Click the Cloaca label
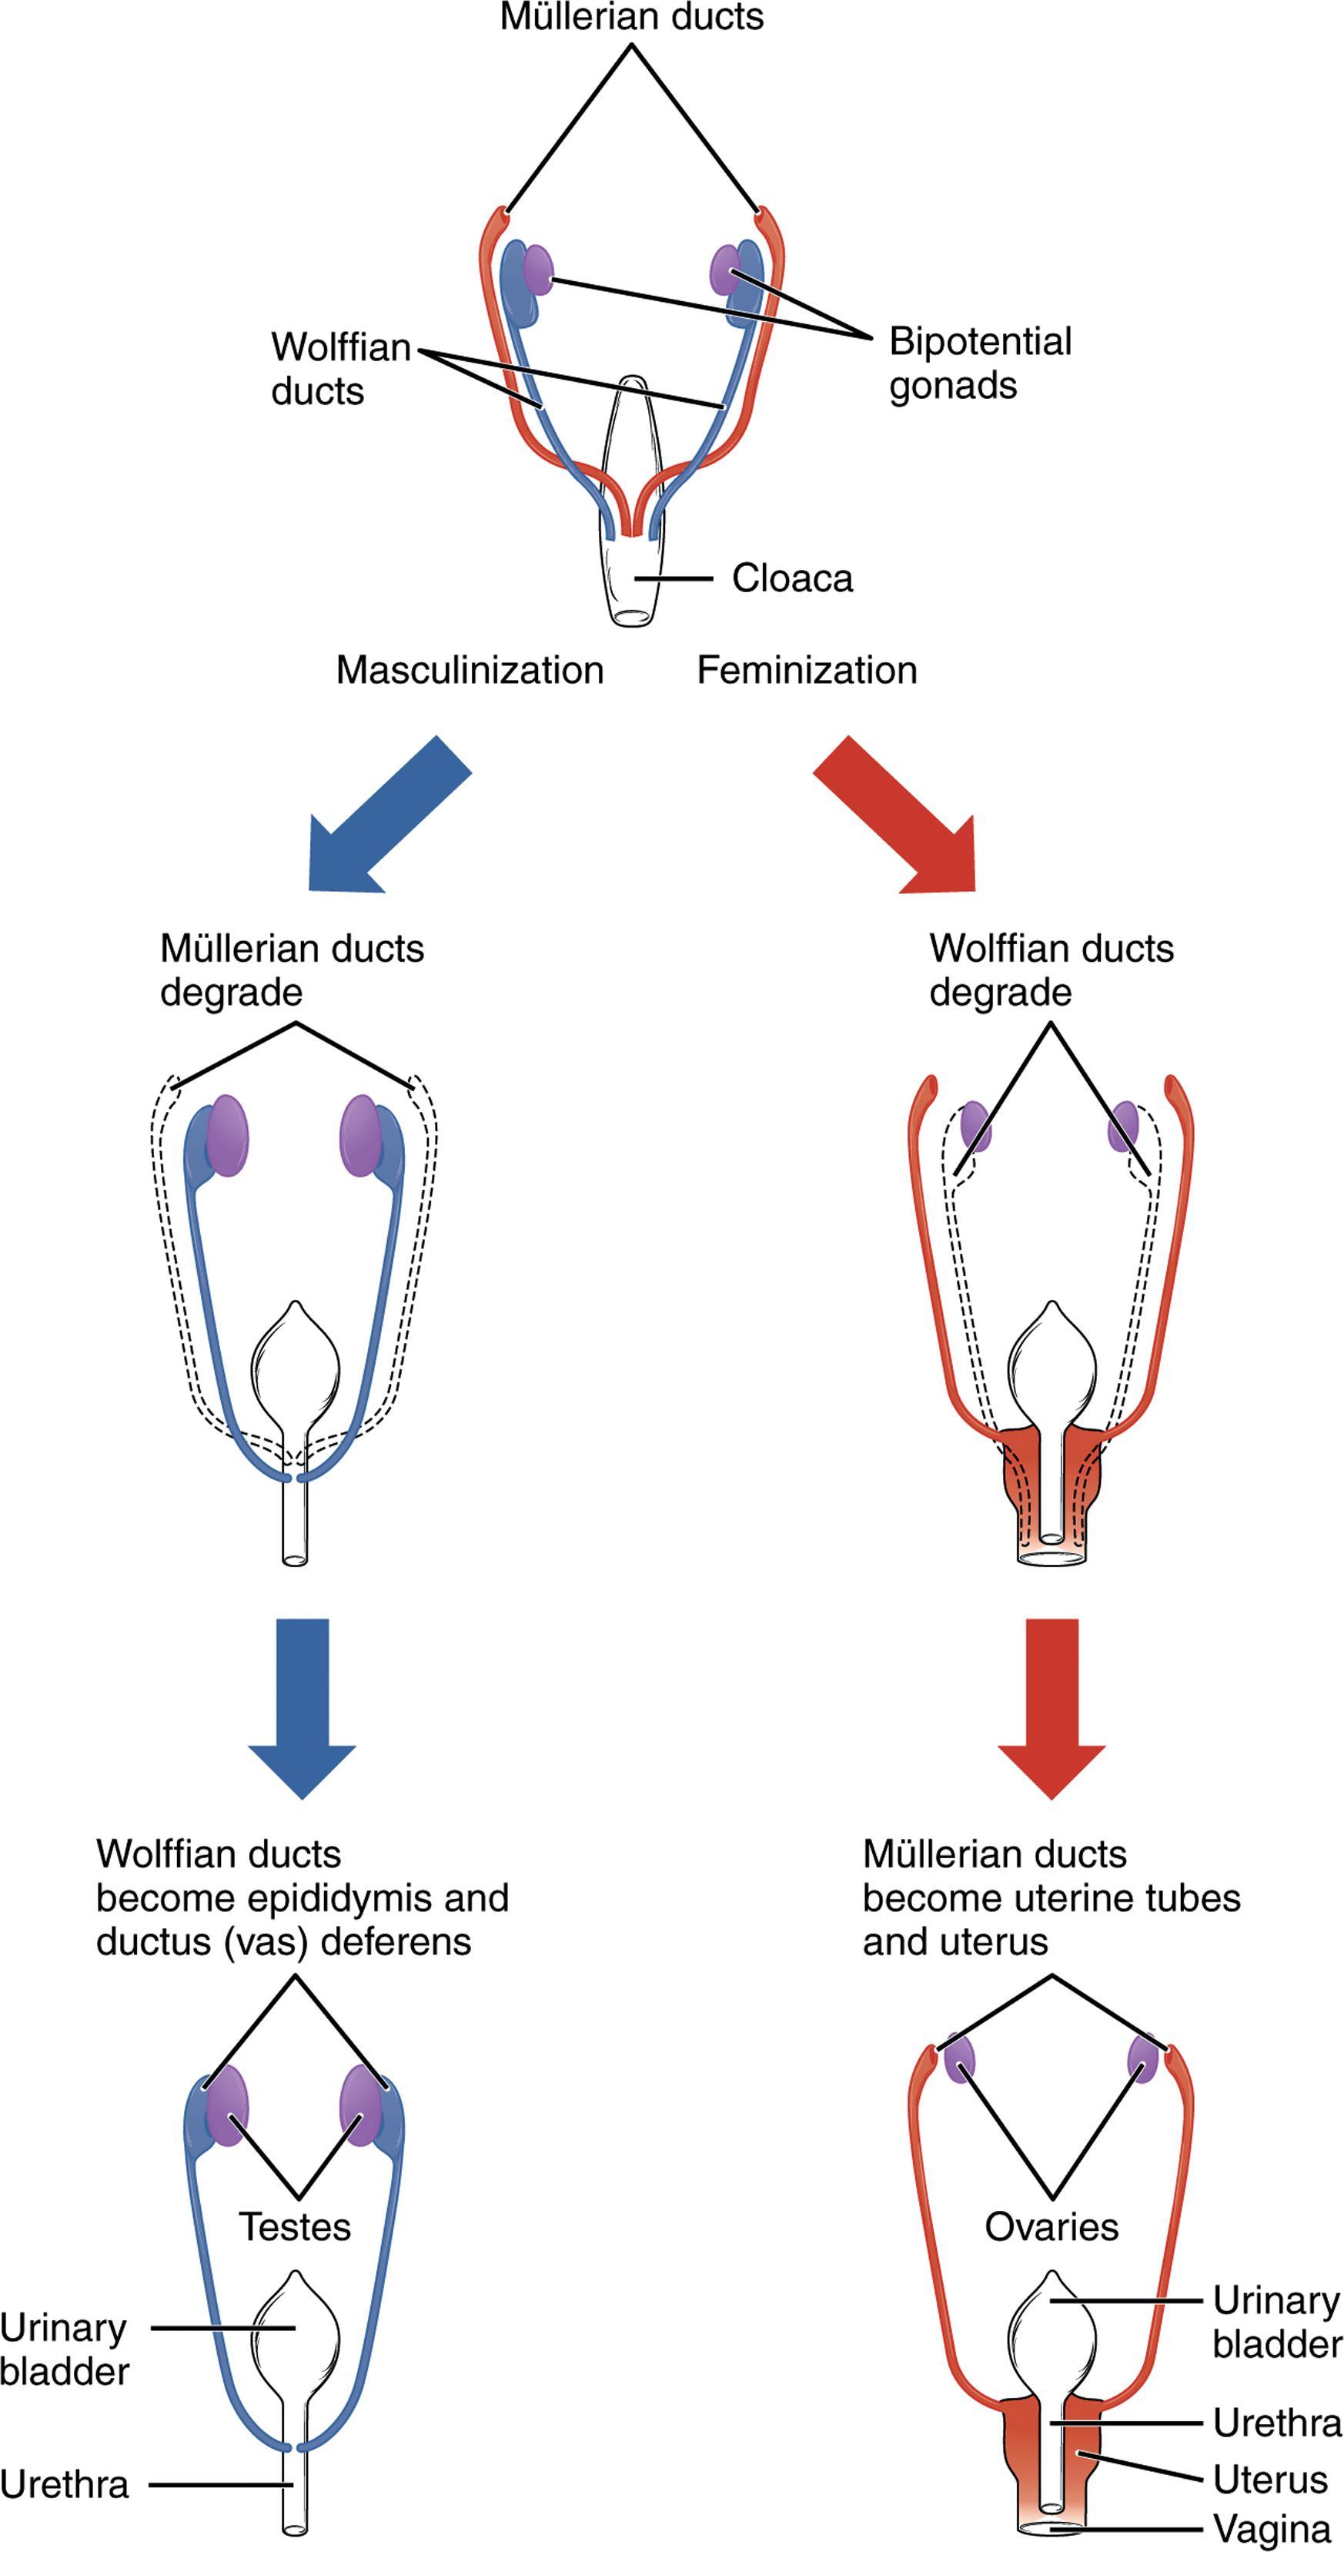point(791,578)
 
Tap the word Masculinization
point(470,671)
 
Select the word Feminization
point(806,671)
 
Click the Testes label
point(295,2227)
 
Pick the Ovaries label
point(1051,2227)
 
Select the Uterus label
point(1270,2480)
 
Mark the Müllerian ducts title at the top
point(631,17)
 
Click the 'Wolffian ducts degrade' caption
point(1050,970)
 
